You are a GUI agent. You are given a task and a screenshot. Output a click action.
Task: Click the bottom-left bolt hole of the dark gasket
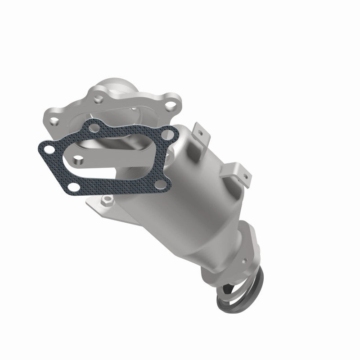(x=77, y=159)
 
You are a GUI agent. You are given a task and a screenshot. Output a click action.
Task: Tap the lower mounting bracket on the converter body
(x=238, y=170)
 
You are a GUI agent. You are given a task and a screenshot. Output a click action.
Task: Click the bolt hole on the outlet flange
(x=244, y=261)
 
